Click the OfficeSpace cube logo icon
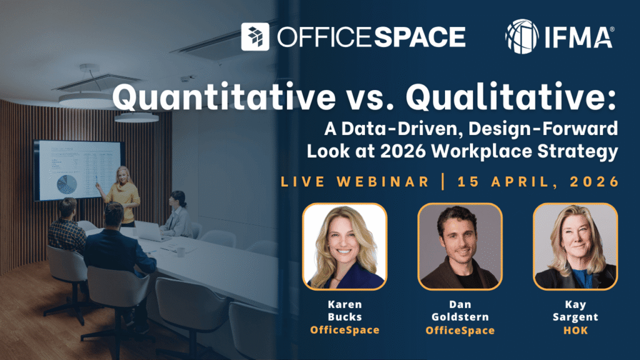point(255,37)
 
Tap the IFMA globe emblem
point(522,37)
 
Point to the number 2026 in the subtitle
point(403,151)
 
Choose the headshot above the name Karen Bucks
point(345,246)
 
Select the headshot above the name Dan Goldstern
point(460,246)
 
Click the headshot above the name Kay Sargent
point(576,246)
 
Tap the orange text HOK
point(576,330)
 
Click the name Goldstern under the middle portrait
point(460,317)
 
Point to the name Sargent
point(576,317)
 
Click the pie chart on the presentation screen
point(66,184)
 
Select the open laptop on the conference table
point(149,231)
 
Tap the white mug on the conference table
point(181,252)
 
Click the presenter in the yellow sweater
point(122,196)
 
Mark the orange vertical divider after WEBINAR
point(443,182)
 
